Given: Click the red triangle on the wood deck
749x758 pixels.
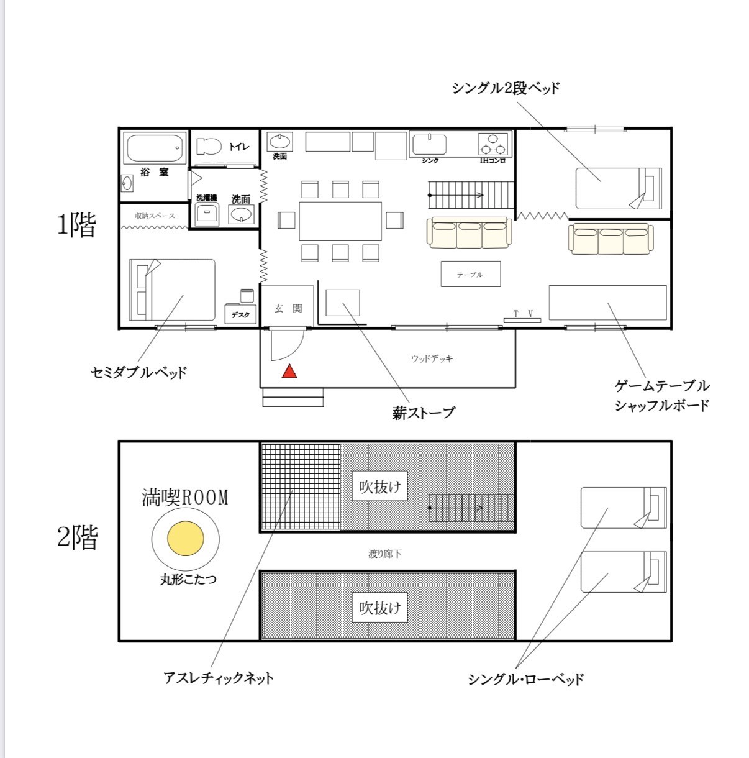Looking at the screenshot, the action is [289, 372].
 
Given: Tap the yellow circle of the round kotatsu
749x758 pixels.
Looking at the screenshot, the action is [186, 539].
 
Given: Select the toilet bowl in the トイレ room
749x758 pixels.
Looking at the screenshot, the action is [209, 147].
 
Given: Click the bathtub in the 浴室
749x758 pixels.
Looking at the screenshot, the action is [155, 147].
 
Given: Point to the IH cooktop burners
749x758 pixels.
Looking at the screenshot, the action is [493, 144].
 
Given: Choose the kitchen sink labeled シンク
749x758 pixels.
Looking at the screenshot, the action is [430, 145].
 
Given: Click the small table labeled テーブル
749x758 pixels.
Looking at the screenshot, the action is [471, 274].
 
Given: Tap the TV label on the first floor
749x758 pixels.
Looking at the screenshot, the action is [523, 314].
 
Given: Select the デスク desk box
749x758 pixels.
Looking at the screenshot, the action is [240, 314].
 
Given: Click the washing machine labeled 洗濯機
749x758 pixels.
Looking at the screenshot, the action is [207, 214].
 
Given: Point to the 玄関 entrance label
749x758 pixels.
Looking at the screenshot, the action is [288, 308].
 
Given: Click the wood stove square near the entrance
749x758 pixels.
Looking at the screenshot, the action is [343, 303].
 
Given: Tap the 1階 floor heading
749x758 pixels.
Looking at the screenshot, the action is [77, 225].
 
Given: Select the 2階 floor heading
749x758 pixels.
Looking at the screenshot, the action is [78, 537].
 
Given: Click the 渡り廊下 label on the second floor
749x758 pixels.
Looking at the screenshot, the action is [384, 554].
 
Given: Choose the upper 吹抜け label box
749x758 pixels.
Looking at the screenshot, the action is [379, 486].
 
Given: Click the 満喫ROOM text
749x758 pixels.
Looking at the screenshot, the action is [185, 497].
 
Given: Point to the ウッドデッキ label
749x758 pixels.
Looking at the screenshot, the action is [432, 358].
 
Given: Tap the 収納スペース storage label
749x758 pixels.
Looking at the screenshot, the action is [155, 216].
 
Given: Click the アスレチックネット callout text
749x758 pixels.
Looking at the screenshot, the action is [219, 678].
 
